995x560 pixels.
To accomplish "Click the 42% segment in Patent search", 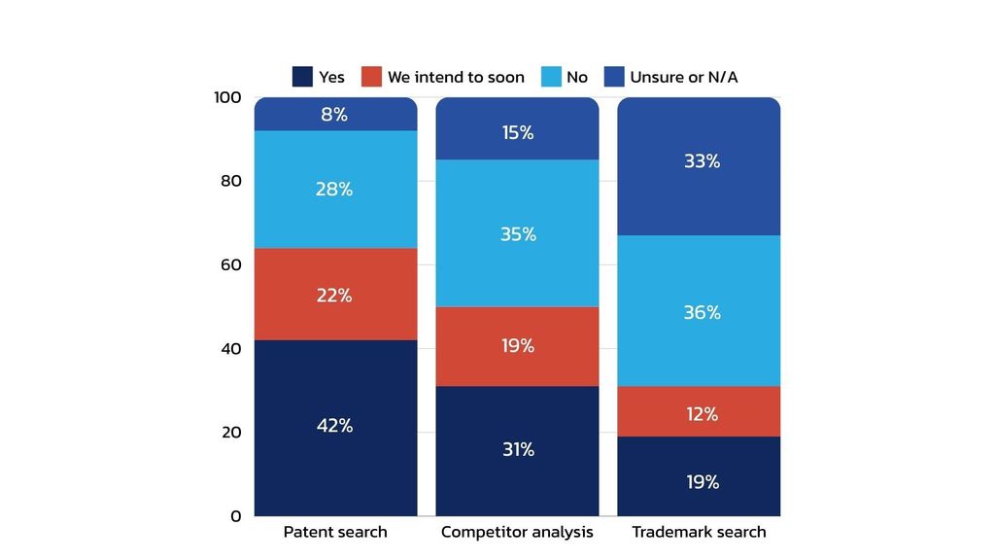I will (x=335, y=427).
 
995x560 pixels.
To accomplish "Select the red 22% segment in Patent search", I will (x=335, y=295).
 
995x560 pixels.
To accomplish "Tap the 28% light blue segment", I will (x=335, y=190).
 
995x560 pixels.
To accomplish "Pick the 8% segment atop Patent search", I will (x=335, y=115).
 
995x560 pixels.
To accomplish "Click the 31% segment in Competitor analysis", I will (x=517, y=450).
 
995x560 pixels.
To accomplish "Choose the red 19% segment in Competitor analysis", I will (x=517, y=346).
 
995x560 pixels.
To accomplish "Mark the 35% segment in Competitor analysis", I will (x=517, y=234).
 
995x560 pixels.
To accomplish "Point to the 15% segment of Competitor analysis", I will (x=517, y=132).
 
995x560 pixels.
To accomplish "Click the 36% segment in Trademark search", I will (x=699, y=311).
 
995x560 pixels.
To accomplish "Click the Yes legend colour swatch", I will (x=302, y=77).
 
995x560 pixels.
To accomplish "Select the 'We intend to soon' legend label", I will (x=456, y=77).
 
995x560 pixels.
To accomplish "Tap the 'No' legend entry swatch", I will (x=550, y=77).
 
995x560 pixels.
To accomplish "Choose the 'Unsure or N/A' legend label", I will (x=683, y=77).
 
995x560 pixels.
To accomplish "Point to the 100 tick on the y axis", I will (x=227, y=97).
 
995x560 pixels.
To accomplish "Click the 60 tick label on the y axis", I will (x=230, y=264).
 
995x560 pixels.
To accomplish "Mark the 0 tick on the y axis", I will (x=235, y=516).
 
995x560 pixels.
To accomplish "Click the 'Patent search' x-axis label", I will (x=335, y=532).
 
